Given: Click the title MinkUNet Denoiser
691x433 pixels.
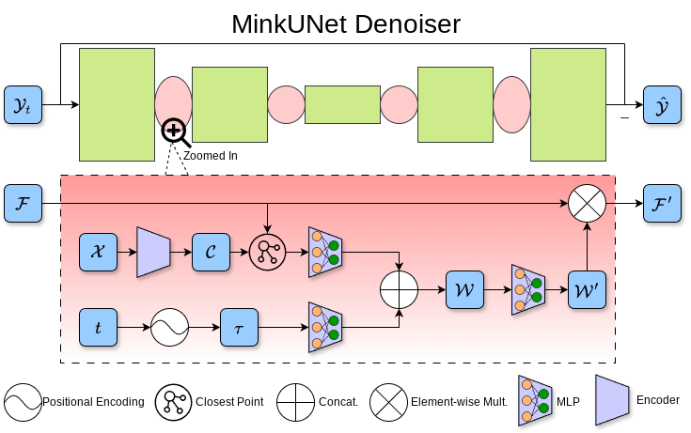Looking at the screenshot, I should pos(346,23).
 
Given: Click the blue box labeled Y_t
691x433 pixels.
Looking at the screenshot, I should pos(24,104).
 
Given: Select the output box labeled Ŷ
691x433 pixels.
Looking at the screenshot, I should pos(661,104).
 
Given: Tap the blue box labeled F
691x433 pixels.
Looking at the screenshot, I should pos(24,203).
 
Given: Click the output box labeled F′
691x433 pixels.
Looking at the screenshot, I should pos(661,203).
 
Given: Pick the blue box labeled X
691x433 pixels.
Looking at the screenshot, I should pos(98,252).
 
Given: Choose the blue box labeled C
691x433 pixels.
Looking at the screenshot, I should pos(211,252).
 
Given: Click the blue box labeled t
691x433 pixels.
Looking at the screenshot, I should pos(98,328).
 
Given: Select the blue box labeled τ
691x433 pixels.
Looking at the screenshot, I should pos(239,328).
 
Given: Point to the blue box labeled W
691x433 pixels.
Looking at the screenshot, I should pos(464,289).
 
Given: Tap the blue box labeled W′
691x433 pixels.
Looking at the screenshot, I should pos(587,289).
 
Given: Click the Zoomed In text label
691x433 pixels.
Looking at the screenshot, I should pos(211,155).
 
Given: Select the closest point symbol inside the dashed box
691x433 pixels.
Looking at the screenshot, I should pos(267,252).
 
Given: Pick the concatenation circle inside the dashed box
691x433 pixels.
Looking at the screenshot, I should pos(399,289).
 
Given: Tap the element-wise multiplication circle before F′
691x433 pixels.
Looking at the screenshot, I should pos(587,203).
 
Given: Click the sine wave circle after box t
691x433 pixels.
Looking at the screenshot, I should pos(169,328).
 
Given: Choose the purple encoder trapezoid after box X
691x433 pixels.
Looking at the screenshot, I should pos(153,252).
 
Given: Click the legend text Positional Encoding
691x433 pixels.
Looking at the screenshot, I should pos(93,401).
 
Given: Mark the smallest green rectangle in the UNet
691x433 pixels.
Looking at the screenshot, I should pos(342,104).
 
